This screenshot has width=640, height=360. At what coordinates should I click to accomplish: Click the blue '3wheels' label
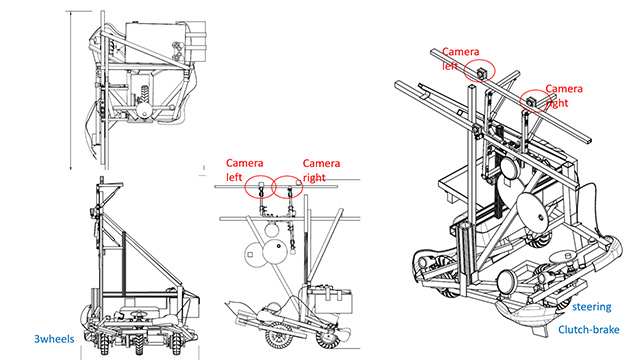[x=54, y=339]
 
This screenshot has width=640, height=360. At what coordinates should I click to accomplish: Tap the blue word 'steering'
[x=591, y=307]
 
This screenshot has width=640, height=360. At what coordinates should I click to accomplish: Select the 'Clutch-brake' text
[x=589, y=330]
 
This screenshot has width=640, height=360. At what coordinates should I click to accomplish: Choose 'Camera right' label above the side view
[x=321, y=170]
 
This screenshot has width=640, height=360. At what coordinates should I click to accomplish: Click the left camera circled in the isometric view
[x=481, y=73]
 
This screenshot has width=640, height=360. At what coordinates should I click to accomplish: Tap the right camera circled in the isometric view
[x=531, y=102]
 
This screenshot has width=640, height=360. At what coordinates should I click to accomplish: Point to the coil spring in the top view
[x=144, y=93]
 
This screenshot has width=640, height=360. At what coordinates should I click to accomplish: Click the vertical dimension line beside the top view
[x=71, y=91]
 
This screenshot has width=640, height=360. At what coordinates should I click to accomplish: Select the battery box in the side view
[x=331, y=301]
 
